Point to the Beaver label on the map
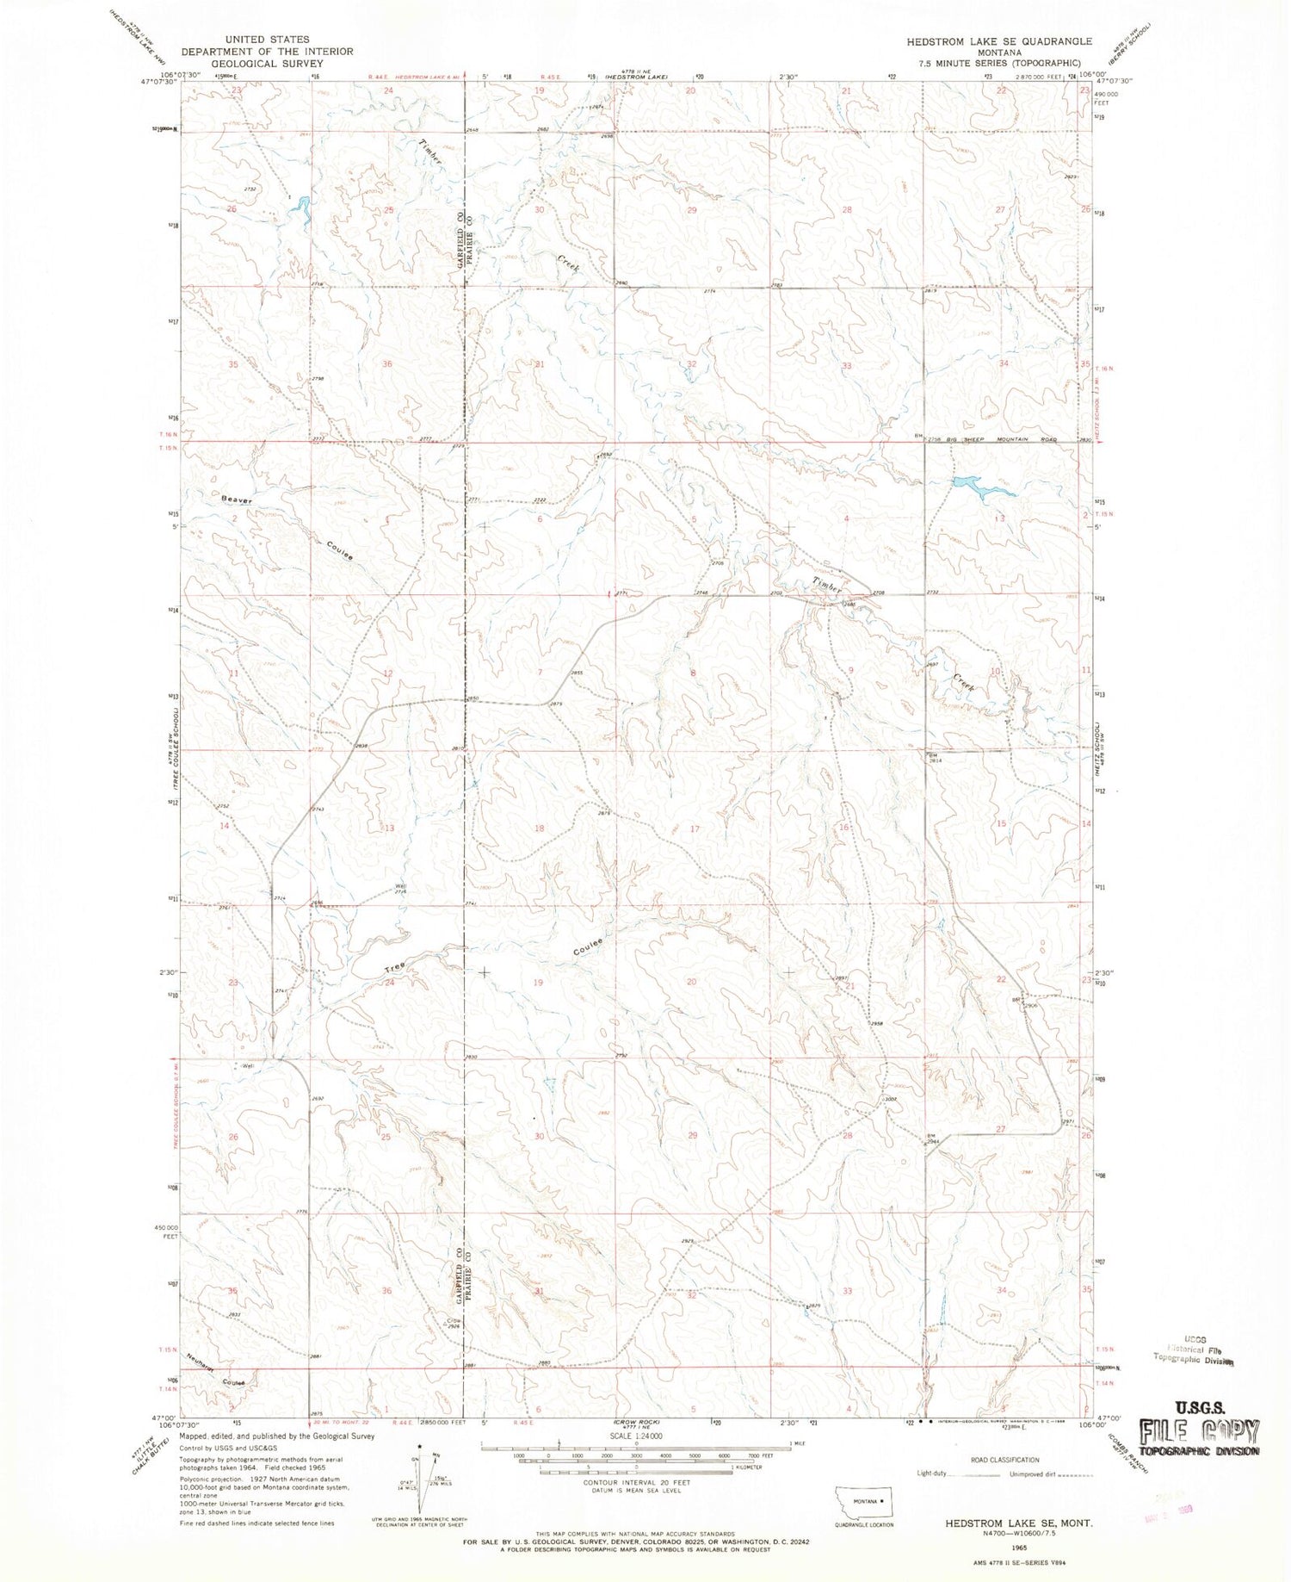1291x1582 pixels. point(236,499)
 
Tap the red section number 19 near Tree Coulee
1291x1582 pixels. point(538,982)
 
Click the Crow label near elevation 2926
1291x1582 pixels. point(453,1320)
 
